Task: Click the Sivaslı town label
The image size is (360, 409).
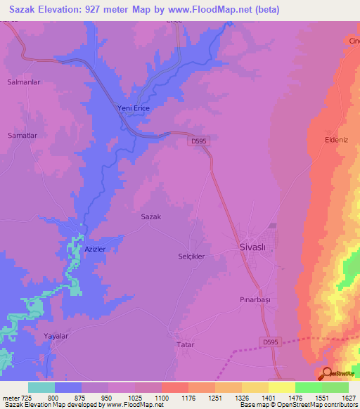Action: [x=251, y=247]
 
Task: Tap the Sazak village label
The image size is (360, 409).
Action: [x=151, y=216]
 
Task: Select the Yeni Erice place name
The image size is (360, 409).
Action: [x=133, y=108]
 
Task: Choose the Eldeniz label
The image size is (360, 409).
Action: [x=336, y=139]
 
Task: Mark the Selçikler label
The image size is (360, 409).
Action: [x=191, y=257]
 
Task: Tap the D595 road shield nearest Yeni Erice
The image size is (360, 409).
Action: [x=199, y=141]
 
